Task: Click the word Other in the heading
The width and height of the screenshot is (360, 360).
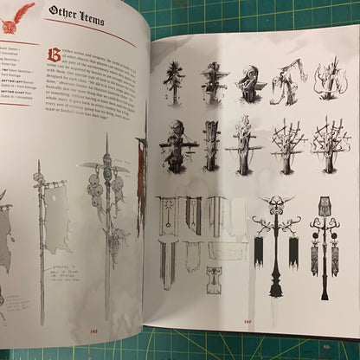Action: pyautogui.click(x=64, y=12)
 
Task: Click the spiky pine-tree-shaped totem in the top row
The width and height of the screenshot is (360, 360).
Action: pyautogui.click(x=175, y=82)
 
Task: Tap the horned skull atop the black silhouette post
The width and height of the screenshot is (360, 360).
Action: pyautogui.click(x=274, y=206)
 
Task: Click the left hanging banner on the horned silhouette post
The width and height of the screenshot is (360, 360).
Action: pyautogui.click(x=259, y=249)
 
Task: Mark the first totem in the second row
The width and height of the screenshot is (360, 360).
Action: pyautogui.click(x=177, y=144)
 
